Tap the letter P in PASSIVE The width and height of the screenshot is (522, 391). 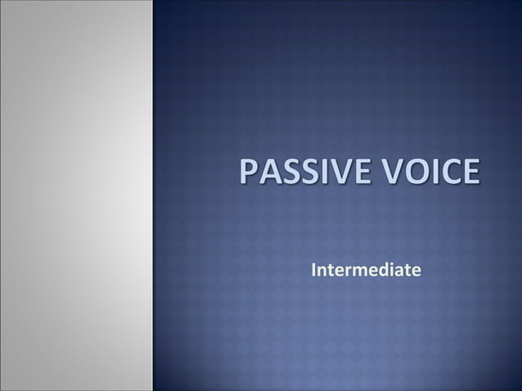(248, 174)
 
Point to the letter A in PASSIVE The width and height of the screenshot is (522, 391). (268, 174)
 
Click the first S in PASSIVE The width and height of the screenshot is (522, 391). (287, 174)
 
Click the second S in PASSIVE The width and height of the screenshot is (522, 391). (305, 174)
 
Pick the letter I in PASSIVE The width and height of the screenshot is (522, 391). (319, 174)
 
